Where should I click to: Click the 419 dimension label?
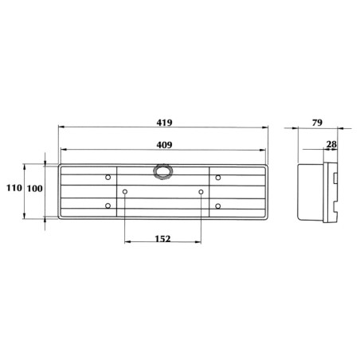click(x=164, y=123)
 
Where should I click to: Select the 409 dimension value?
click(x=164, y=145)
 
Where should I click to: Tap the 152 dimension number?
click(x=162, y=239)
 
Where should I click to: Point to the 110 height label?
click(x=14, y=188)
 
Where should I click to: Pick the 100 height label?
click(x=35, y=189)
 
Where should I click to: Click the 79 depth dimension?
click(x=317, y=123)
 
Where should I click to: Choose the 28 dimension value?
click(x=331, y=144)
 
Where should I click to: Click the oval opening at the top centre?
click(x=163, y=171)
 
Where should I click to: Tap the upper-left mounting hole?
click(x=108, y=177)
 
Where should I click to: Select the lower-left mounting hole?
click(x=108, y=205)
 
